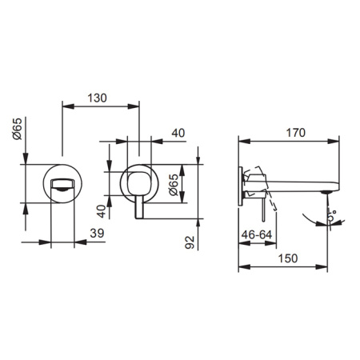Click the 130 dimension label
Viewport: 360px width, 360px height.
pos(98,98)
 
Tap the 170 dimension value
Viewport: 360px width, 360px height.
pos(295,133)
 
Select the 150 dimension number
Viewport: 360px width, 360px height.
pos(288,258)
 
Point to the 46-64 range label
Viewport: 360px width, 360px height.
pos(257,234)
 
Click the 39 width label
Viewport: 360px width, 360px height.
pos(97,234)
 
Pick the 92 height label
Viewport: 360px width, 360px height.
pos(190,242)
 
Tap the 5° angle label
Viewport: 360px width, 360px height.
pos(332,215)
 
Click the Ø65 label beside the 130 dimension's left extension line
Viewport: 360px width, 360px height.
pos(18,129)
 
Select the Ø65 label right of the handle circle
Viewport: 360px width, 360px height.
pos(174,185)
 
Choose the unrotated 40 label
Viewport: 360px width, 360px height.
pos(178,133)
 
